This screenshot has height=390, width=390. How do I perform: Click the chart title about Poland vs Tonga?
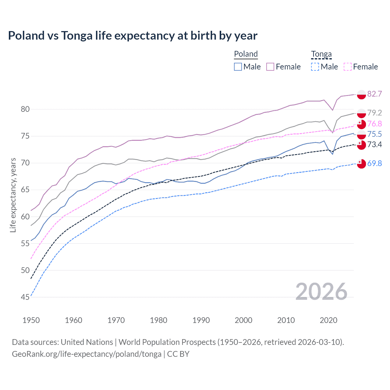pyautogui.click(x=133, y=36)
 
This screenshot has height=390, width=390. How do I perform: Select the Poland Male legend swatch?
pyautogui.click(x=238, y=67)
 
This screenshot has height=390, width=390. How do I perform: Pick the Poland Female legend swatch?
pyautogui.click(x=270, y=67)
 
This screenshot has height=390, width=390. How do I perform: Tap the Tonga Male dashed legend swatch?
pyautogui.click(x=315, y=67)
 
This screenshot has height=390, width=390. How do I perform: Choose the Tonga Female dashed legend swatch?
pyautogui.click(x=348, y=67)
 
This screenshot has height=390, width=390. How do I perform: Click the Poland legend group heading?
pyautogui.click(x=246, y=54)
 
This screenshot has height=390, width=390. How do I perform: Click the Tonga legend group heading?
pyautogui.click(x=321, y=54)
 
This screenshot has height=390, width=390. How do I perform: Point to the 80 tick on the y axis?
pyautogui.click(x=25, y=109)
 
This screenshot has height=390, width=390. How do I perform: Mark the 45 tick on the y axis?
pyautogui.click(x=25, y=297)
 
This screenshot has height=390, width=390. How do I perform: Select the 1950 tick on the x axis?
pyautogui.click(x=31, y=320)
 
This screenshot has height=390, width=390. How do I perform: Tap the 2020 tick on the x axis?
pyautogui.click(x=328, y=320)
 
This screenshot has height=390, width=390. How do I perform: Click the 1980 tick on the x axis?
pyautogui.click(x=158, y=320)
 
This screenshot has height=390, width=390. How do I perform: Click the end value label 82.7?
pyautogui.click(x=374, y=94)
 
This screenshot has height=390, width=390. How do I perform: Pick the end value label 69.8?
pyautogui.click(x=374, y=164)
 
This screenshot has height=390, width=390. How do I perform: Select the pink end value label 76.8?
pyautogui.click(x=374, y=124)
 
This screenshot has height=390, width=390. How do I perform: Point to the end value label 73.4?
pyautogui.click(x=374, y=144)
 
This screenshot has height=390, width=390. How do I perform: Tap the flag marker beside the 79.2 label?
pyautogui.click(x=361, y=113)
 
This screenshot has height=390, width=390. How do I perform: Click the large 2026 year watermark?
pyautogui.click(x=321, y=292)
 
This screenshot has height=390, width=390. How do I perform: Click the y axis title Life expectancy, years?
pyautogui.click(x=13, y=195)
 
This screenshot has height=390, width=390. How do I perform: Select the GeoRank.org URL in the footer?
pyautogui.click(x=87, y=354)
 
